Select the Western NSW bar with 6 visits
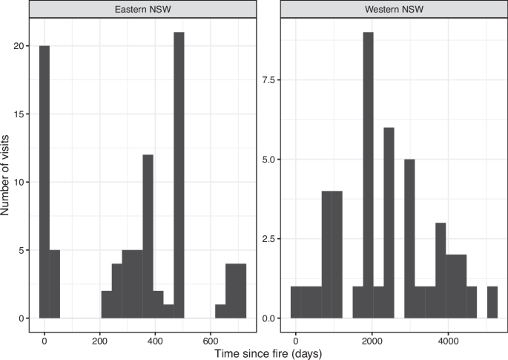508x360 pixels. pos(389,223)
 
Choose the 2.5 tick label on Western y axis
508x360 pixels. pos(272,239)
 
